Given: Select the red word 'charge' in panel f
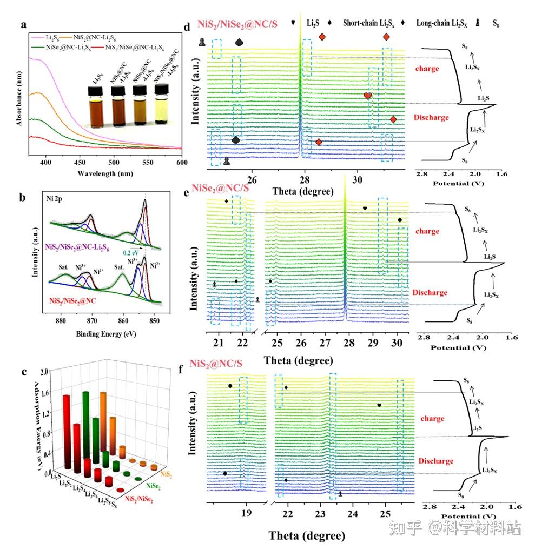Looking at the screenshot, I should tap(431, 418).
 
